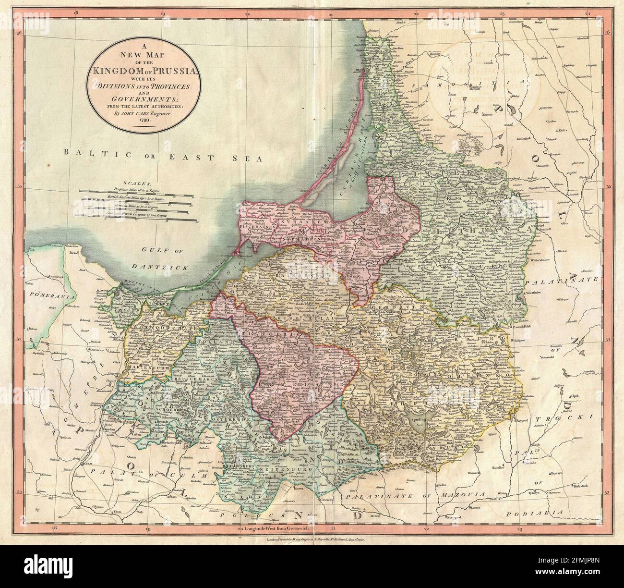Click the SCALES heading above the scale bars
pyautogui.click(x=137, y=183)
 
